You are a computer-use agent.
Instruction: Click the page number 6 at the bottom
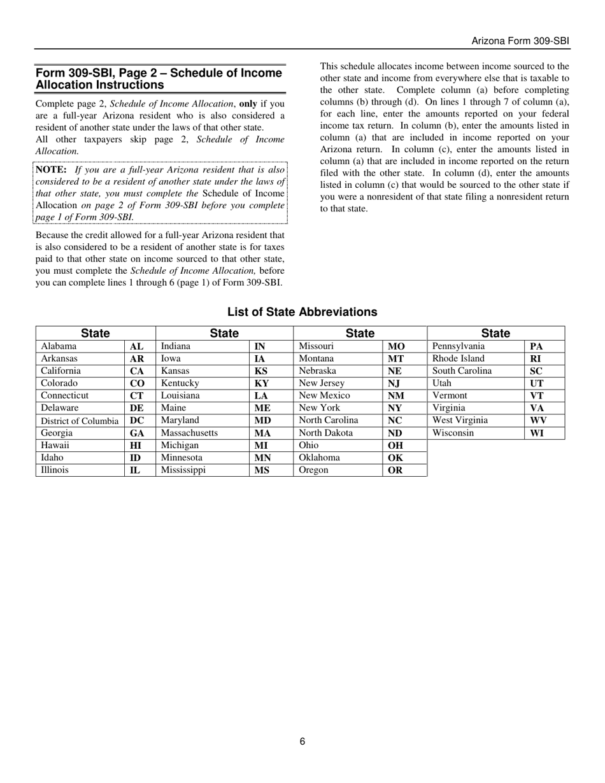[302, 741]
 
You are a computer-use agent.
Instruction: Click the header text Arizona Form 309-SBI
[520, 41]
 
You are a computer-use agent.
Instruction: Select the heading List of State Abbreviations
[302, 312]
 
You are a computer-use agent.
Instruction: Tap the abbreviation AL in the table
[136, 346]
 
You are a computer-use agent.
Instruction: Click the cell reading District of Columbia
[80, 421]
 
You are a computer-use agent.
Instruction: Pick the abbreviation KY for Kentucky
[262, 383]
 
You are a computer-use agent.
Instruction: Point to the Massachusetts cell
[189, 433]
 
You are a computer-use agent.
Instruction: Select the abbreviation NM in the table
[395, 395]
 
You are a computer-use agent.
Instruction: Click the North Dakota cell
[325, 433]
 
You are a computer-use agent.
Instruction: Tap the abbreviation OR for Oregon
[395, 470]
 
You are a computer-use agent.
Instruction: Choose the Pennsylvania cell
[459, 346]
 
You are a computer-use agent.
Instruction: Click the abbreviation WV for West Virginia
[538, 421]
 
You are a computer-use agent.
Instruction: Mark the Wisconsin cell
[453, 433]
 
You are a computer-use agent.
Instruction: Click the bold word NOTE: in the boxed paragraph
[51, 170]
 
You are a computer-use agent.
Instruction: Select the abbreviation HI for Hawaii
[136, 446]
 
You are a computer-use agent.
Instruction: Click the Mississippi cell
[183, 470]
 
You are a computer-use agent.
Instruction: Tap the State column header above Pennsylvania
[495, 333]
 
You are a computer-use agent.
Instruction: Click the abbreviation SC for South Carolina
[536, 371]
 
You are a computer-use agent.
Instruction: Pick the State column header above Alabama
[96, 333]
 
